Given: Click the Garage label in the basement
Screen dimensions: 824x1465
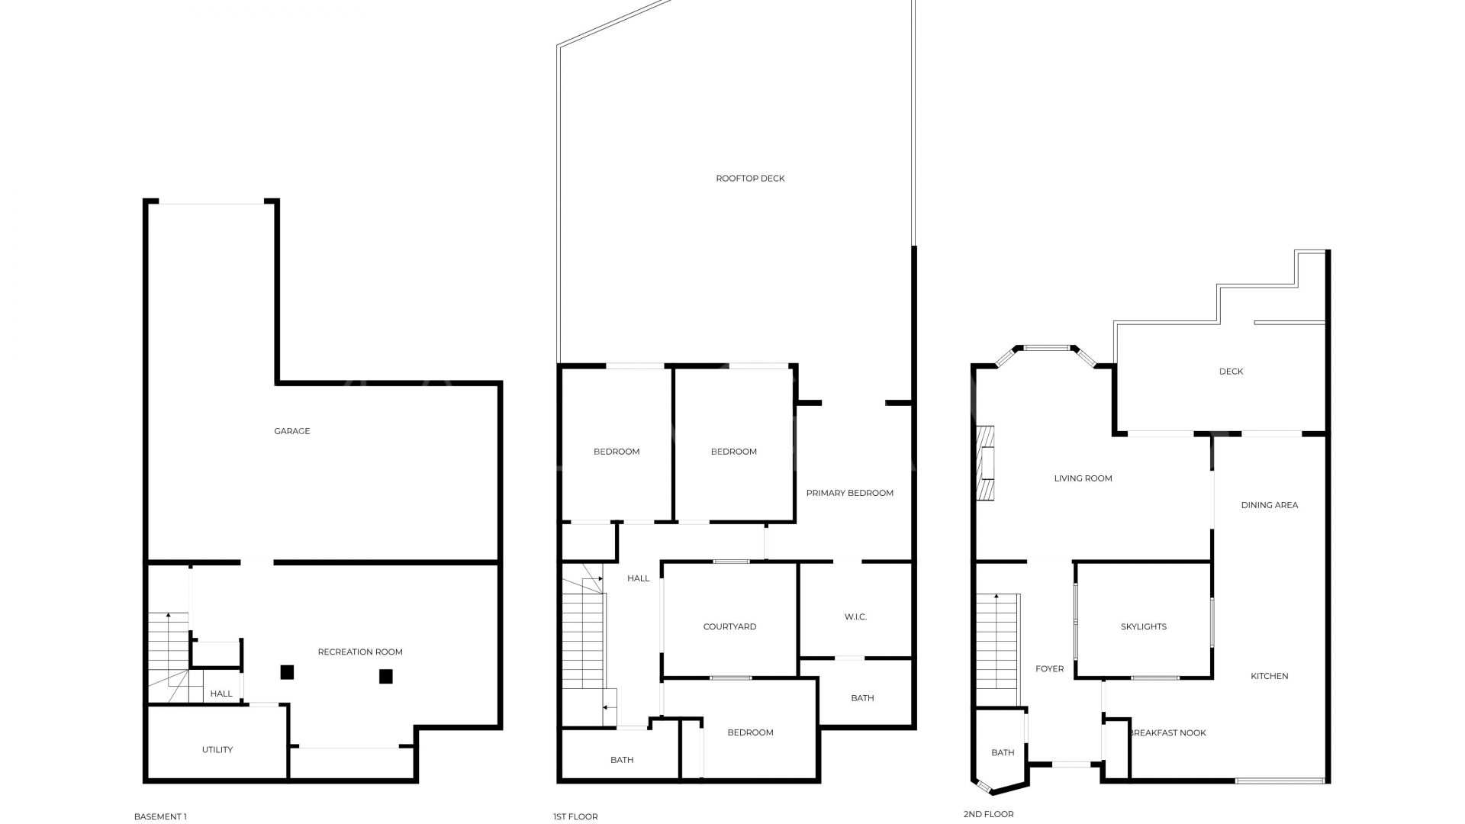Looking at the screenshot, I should pos(292,431).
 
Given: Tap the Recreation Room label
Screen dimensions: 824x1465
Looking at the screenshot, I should pos(360,652).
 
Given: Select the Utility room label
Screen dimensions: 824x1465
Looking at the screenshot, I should pos(217,750).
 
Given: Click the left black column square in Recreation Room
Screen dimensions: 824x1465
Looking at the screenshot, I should pos(287,672).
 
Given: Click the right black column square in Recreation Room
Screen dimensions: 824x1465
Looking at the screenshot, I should pos(386,676).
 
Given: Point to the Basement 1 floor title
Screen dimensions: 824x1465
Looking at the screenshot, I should pos(160,816).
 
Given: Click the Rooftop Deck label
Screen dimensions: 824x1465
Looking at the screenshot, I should pos(750,179).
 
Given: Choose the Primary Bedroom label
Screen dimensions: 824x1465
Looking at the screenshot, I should pos(849,493).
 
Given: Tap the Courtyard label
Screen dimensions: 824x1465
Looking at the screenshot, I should pos(729,626).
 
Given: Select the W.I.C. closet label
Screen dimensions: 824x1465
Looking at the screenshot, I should pos(855,616).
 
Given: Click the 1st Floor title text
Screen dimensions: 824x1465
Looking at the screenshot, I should pos(575,816).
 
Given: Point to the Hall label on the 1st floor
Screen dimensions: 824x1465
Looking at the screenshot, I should pos(639,578).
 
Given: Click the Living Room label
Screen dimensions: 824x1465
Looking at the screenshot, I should pos(1083,478).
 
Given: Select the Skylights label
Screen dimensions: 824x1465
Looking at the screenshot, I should pos(1143,626).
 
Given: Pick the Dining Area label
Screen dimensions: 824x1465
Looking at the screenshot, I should pos(1269,505).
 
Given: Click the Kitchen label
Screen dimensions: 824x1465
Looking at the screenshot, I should pos(1270,676).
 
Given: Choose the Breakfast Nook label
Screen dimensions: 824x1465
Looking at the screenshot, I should pos(1167,732).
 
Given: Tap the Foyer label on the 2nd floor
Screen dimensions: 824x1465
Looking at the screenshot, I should pos(1049,668).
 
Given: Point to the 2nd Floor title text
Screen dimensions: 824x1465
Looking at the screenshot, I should pos(988,814).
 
